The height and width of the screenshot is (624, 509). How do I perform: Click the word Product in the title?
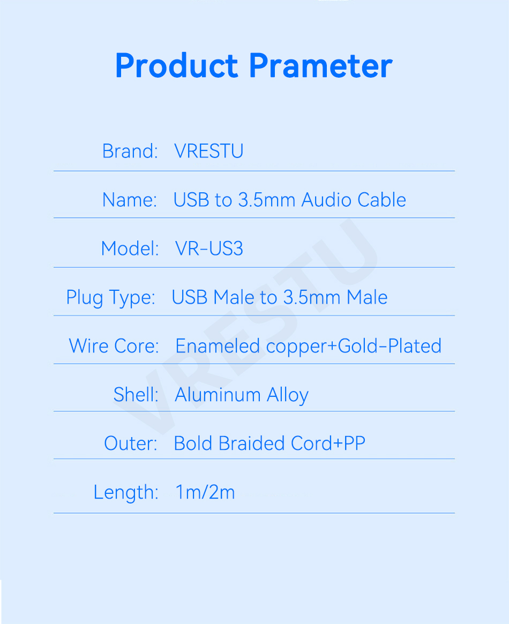(177, 65)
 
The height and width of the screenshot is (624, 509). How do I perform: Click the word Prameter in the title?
(321, 65)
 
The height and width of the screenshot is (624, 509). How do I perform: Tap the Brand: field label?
(130, 151)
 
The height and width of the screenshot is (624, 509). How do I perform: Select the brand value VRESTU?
(208, 151)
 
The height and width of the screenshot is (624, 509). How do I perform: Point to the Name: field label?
(130, 200)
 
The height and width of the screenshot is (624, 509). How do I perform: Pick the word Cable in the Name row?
(381, 200)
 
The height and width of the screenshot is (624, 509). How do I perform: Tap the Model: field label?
(130, 249)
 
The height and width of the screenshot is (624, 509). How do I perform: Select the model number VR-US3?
(209, 249)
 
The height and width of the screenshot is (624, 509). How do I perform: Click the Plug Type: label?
(110, 298)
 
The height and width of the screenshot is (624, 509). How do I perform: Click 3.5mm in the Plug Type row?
(312, 297)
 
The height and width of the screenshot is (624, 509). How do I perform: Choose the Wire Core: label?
(114, 346)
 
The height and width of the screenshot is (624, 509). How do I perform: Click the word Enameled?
(218, 346)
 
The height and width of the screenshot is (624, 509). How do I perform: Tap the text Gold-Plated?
(390, 346)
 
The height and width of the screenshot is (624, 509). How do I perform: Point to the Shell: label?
(136, 394)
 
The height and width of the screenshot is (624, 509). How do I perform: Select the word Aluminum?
(218, 394)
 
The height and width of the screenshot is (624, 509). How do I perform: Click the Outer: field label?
(131, 443)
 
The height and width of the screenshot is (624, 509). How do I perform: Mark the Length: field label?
(126, 493)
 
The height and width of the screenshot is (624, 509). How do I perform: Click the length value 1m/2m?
(205, 492)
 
